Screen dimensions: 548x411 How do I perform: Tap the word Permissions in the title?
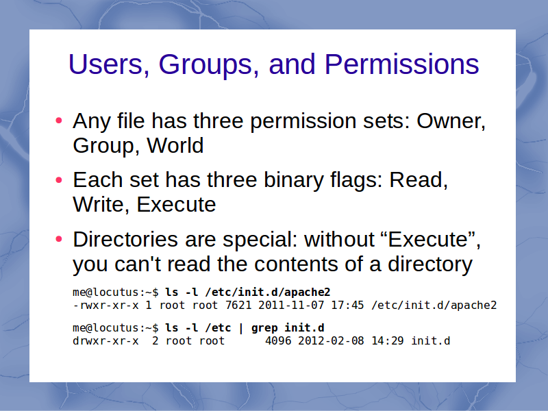(x=401, y=64)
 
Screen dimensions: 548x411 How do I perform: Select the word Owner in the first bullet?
(x=451, y=121)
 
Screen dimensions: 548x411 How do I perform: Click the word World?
(x=175, y=145)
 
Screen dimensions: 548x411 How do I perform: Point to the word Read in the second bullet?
(x=419, y=180)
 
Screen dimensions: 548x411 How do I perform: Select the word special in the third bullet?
(x=260, y=241)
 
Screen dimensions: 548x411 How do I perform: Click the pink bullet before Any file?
(x=59, y=121)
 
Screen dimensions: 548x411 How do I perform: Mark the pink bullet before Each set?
(x=59, y=180)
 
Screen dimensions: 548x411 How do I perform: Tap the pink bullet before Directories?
(x=59, y=239)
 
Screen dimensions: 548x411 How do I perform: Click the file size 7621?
(x=238, y=305)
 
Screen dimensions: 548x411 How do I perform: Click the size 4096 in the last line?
(x=278, y=340)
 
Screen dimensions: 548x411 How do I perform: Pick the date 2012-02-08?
(x=331, y=340)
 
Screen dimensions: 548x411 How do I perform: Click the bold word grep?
(x=264, y=328)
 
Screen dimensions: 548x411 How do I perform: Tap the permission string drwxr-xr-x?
(x=105, y=340)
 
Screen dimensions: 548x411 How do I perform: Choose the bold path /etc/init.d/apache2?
(x=268, y=292)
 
